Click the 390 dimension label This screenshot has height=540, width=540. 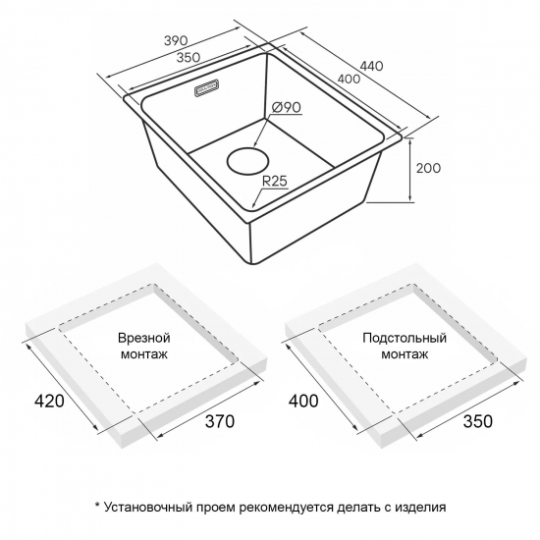176,40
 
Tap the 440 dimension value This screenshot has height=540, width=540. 371,66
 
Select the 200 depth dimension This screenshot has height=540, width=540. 428,168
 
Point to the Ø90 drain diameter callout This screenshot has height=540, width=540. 286,107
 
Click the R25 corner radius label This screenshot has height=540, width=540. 275,181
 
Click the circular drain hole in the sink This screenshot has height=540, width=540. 248,161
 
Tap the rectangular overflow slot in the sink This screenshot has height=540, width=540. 206,89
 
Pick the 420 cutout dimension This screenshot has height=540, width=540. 49,401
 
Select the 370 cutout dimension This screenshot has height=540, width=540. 220,421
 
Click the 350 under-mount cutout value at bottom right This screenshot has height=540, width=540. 478,421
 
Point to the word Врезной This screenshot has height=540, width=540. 144,338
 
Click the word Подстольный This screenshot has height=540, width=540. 405,338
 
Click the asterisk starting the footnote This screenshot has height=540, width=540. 97,505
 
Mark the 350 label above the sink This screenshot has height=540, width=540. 189,57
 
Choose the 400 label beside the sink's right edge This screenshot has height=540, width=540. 349,79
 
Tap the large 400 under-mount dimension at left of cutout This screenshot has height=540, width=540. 303,401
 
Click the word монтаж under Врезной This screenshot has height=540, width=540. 144,354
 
